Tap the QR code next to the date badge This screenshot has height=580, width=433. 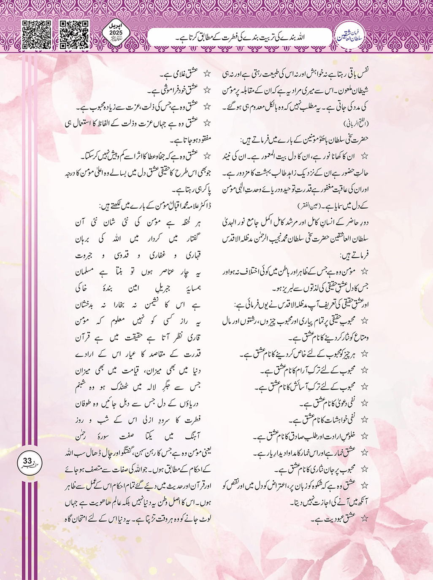pos(74,34)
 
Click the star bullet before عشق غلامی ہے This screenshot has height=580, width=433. pos(207,74)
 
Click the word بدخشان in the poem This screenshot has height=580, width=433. pos(86,305)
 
